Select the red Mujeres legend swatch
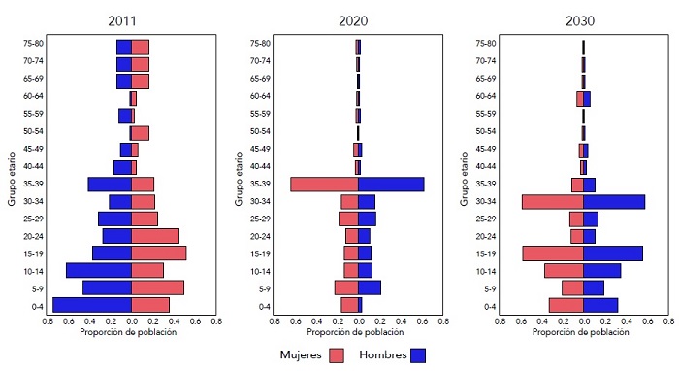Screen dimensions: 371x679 tap(337, 355)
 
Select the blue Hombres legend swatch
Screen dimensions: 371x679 tap(418, 355)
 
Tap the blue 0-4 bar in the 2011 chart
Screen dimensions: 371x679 tap(92, 305)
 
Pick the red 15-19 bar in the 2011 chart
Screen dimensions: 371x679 tap(158, 253)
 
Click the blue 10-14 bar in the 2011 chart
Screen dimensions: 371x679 tap(99, 270)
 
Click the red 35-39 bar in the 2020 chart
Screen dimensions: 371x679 tap(324, 184)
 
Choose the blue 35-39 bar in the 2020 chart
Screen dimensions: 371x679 tap(391, 184)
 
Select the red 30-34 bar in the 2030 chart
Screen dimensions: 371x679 tap(552, 201)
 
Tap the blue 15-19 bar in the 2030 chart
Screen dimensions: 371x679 tap(612, 253)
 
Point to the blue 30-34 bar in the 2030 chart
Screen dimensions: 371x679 tap(614, 201)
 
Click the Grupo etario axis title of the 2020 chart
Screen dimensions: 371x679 tap(238, 175)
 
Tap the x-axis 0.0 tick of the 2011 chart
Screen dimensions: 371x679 tap(132, 321)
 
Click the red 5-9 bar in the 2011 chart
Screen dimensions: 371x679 tap(157, 287)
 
